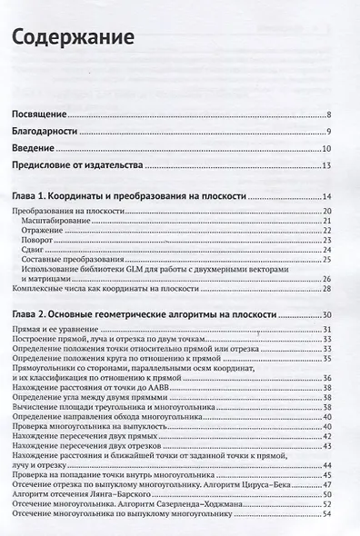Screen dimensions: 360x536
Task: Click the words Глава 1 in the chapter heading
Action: pos(41,196)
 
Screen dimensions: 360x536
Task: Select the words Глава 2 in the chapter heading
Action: pos(42,313)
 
